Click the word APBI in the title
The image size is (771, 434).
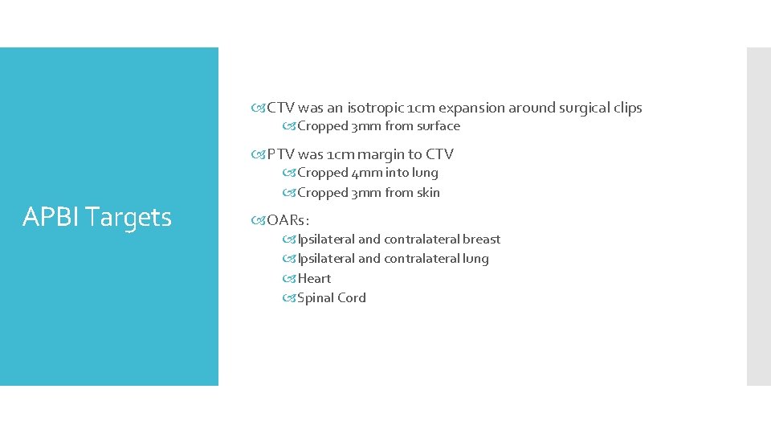click(51, 217)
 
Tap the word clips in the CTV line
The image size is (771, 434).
click(626, 108)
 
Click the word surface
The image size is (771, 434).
click(439, 126)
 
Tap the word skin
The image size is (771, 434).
click(428, 193)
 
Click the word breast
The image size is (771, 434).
click(481, 240)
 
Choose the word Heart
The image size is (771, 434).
click(314, 279)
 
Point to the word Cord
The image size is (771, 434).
click(353, 298)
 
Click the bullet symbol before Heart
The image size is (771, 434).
click(289, 279)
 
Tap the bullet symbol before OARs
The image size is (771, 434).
click(259, 220)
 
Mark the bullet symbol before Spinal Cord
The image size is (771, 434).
click(289, 298)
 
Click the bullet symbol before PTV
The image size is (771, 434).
click(259, 154)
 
